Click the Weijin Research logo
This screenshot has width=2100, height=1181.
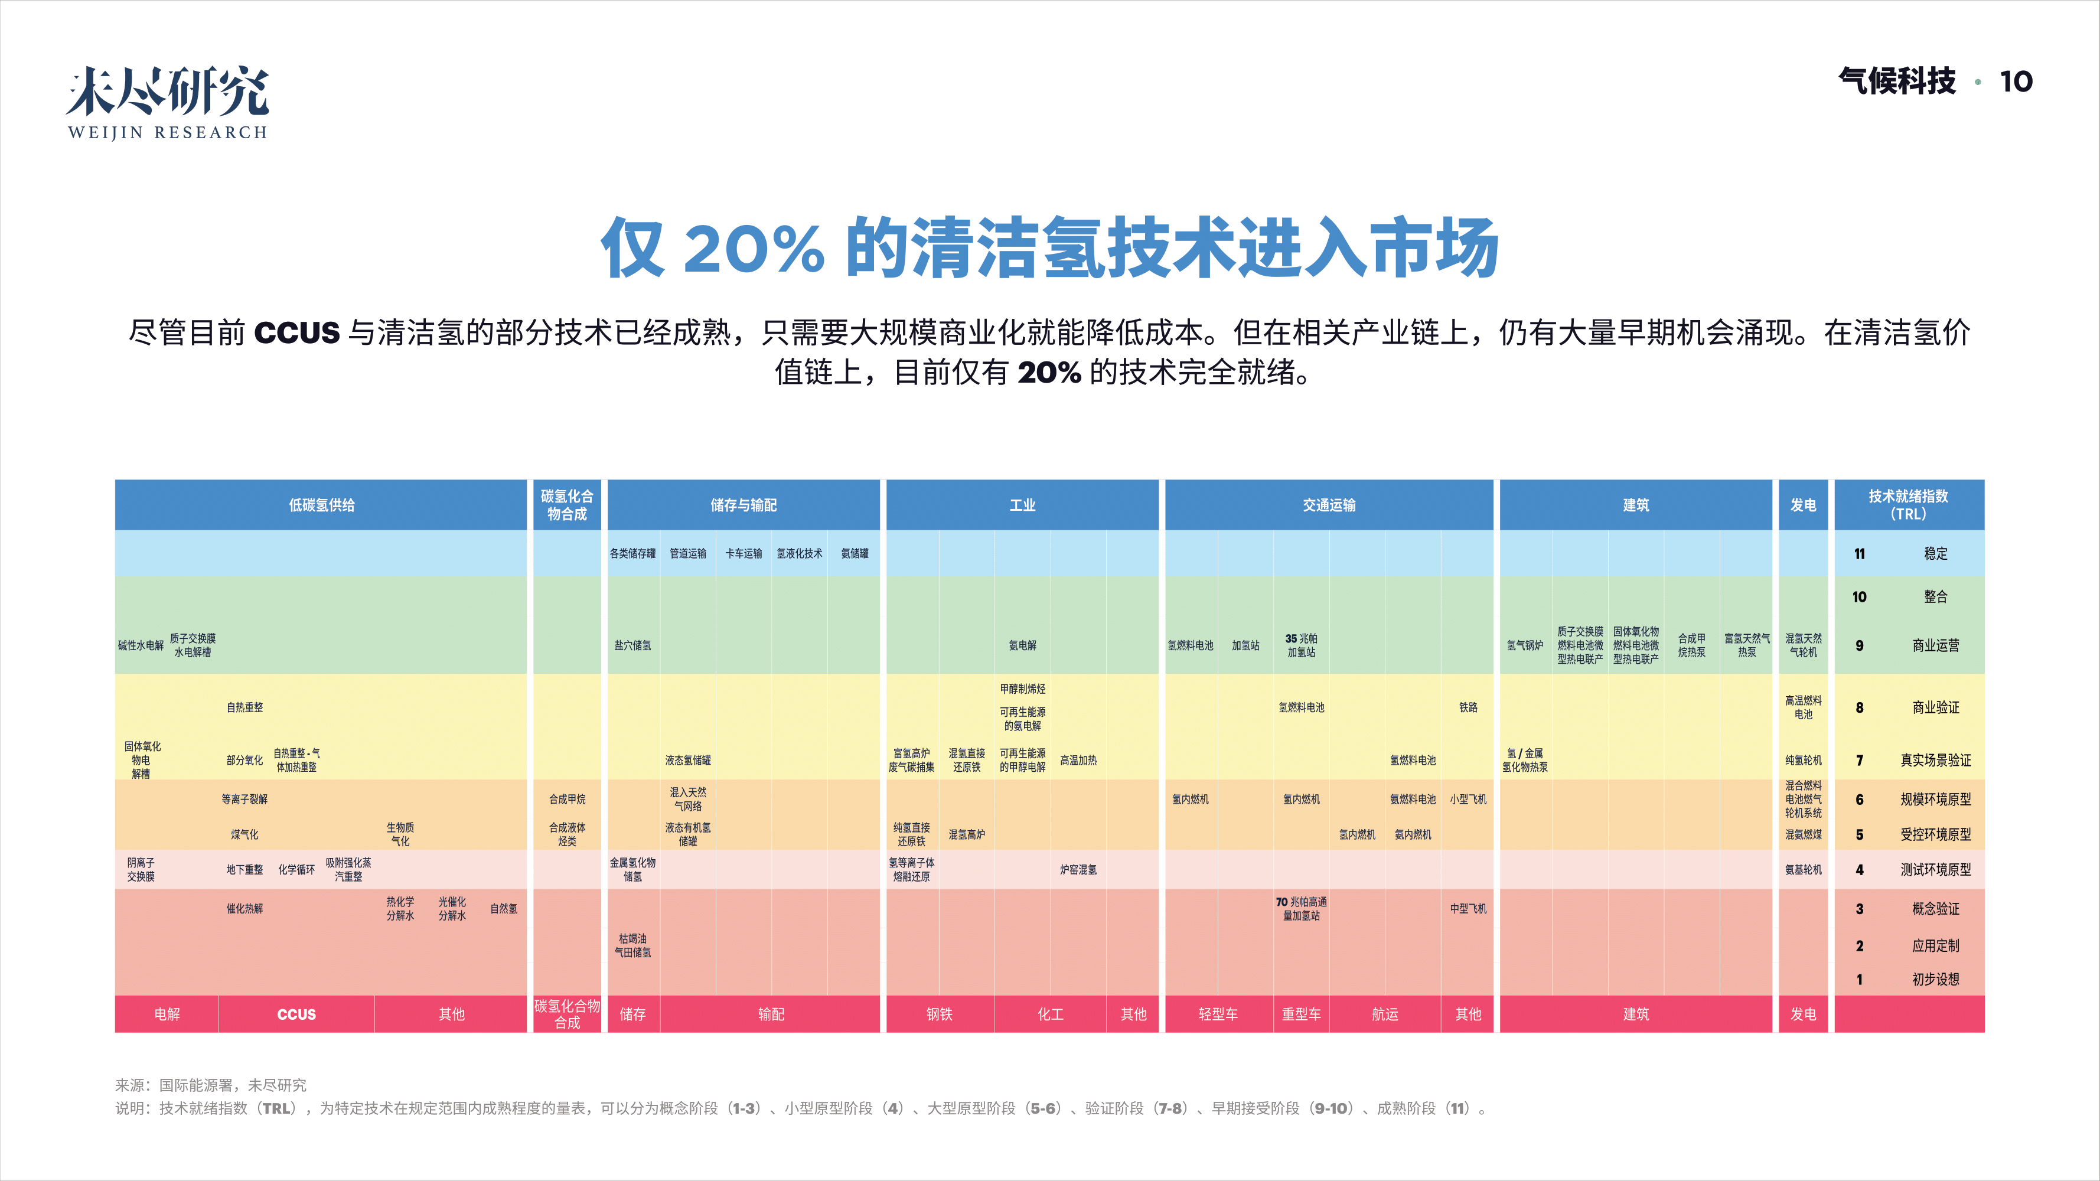click(x=167, y=102)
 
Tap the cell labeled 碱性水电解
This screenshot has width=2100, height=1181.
click(x=140, y=645)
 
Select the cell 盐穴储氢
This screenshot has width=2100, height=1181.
click(x=632, y=645)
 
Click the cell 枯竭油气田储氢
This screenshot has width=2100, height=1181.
click(x=632, y=945)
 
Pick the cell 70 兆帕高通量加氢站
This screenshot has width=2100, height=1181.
click(x=1301, y=909)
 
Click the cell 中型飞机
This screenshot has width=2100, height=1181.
click(x=1468, y=909)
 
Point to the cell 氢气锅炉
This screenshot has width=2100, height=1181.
click(x=1524, y=645)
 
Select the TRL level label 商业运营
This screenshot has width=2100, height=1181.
click(x=1935, y=645)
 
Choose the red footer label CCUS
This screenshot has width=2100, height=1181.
click(x=296, y=1014)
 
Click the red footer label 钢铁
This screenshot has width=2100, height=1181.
click(x=939, y=1014)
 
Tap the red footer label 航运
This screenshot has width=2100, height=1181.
click(x=1384, y=1014)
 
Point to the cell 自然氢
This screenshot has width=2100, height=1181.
click(x=503, y=909)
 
